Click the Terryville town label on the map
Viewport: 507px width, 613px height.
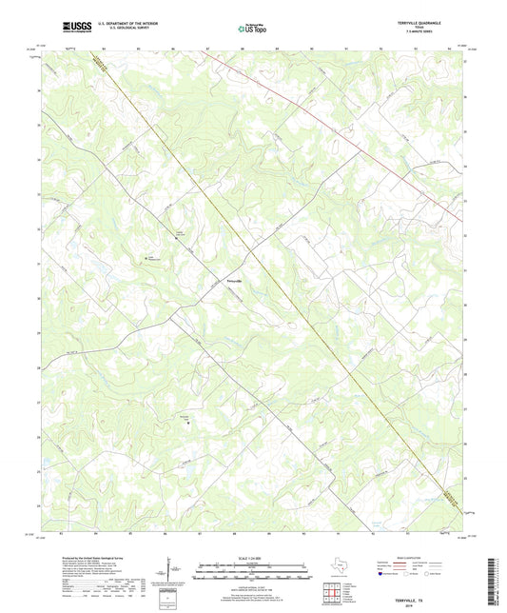233,281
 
